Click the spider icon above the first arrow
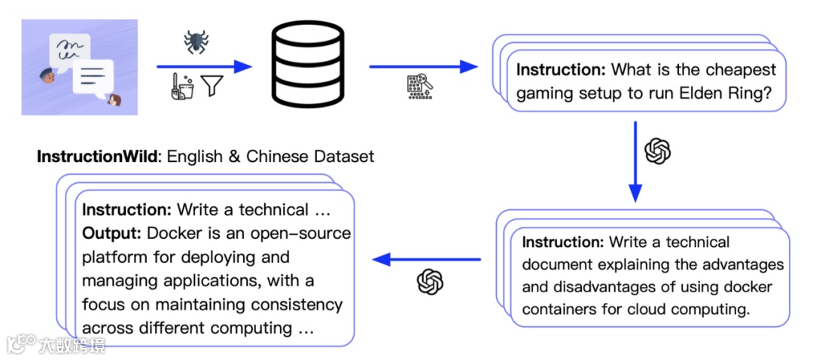[196, 42]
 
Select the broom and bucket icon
[182, 86]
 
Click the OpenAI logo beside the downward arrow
[658, 151]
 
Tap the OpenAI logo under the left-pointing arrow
[431, 282]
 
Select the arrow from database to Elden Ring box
[423, 66]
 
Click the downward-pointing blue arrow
[635, 162]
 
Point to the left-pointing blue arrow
[427, 258]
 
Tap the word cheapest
[735, 70]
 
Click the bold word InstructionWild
[96, 157]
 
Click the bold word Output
[112, 233]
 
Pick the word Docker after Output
[173, 233]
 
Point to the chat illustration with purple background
[79, 67]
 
